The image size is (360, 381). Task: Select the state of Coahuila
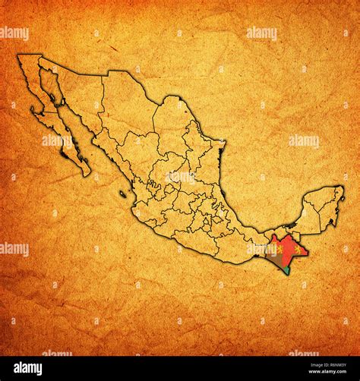171,125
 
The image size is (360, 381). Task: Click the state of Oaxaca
232,247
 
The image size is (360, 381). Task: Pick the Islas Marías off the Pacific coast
122,194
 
